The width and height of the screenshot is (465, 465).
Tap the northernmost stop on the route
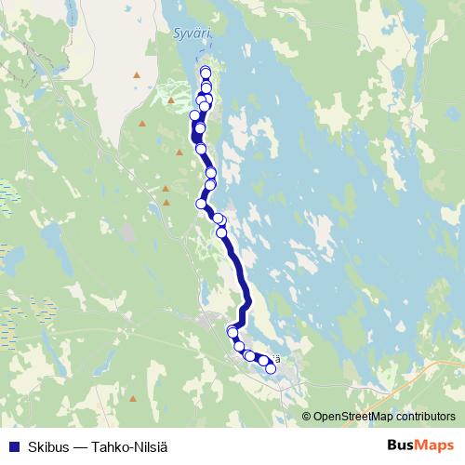[x=206, y=72]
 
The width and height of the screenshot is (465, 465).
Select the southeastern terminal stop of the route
[x=271, y=369]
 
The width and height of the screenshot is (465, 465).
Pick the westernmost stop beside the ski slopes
[x=194, y=115]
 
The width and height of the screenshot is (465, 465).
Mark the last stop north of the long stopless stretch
[x=222, y=232]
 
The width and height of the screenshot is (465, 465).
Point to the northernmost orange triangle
[x=138, y=74]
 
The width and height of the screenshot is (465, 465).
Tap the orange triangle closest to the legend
[x=133, y=399]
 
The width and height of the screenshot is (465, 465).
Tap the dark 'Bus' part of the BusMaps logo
[x=401, y=445]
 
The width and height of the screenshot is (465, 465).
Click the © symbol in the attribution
[x=307, y=417]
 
